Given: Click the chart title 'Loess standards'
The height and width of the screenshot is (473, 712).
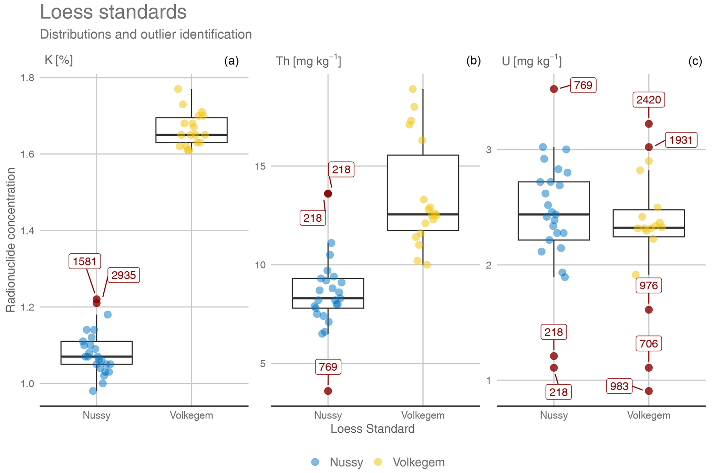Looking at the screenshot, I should pyautogui.click(x=113, y=12).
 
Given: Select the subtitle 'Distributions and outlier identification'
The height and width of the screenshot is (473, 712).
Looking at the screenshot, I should pyautogui.click(x=146, y=34).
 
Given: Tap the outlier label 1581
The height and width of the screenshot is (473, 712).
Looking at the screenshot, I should pyautogui.click(x=85, y=261).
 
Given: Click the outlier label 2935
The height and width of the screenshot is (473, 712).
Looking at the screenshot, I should pyautogui.click(x=124, y=275).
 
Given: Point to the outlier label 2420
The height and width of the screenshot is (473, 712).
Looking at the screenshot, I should pyautogui.click(x=649, y=100).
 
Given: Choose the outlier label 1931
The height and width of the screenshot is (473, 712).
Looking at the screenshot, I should pyautogui.click(x=681, y=140).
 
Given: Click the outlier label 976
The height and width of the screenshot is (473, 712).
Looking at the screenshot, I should pyautogui.click(x=649, y=285).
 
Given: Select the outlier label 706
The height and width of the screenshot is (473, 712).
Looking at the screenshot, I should pyautogui.click(x=649, y=344).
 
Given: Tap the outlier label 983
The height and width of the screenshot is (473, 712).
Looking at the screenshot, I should pyautogui.click(x=619, y=386).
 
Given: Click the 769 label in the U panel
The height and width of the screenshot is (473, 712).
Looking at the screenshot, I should pyautogui.click(x=583, y=85).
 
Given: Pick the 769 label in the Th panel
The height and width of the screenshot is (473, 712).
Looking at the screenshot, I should pyautogui.click(x=328, y=366).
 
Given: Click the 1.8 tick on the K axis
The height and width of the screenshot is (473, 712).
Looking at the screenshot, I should pyautogui.click(x=28, y=78).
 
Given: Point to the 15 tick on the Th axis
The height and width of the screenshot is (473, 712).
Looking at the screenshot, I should pyautogui.click(x=260, y=166).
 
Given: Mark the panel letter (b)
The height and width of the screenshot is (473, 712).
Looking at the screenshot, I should pyautogui.click(x=473, y=61).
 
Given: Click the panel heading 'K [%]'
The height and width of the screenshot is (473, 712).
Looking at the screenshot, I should pyautogui.click(x=59, y=60).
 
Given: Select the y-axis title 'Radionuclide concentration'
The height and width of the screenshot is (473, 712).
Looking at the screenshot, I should pyautogui.click(x=11, y=240).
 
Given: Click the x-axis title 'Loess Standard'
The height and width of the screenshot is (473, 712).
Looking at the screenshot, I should pyautogui.click(x=372, y=429).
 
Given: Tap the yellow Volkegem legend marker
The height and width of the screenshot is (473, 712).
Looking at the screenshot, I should pyautogui.click(x=378, y=462).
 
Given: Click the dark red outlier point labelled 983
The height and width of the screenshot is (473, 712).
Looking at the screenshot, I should pyautogui.click(x=649, y=391).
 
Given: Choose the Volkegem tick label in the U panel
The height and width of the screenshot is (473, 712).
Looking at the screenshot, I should pyautogui.click(x=649, y=415).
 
